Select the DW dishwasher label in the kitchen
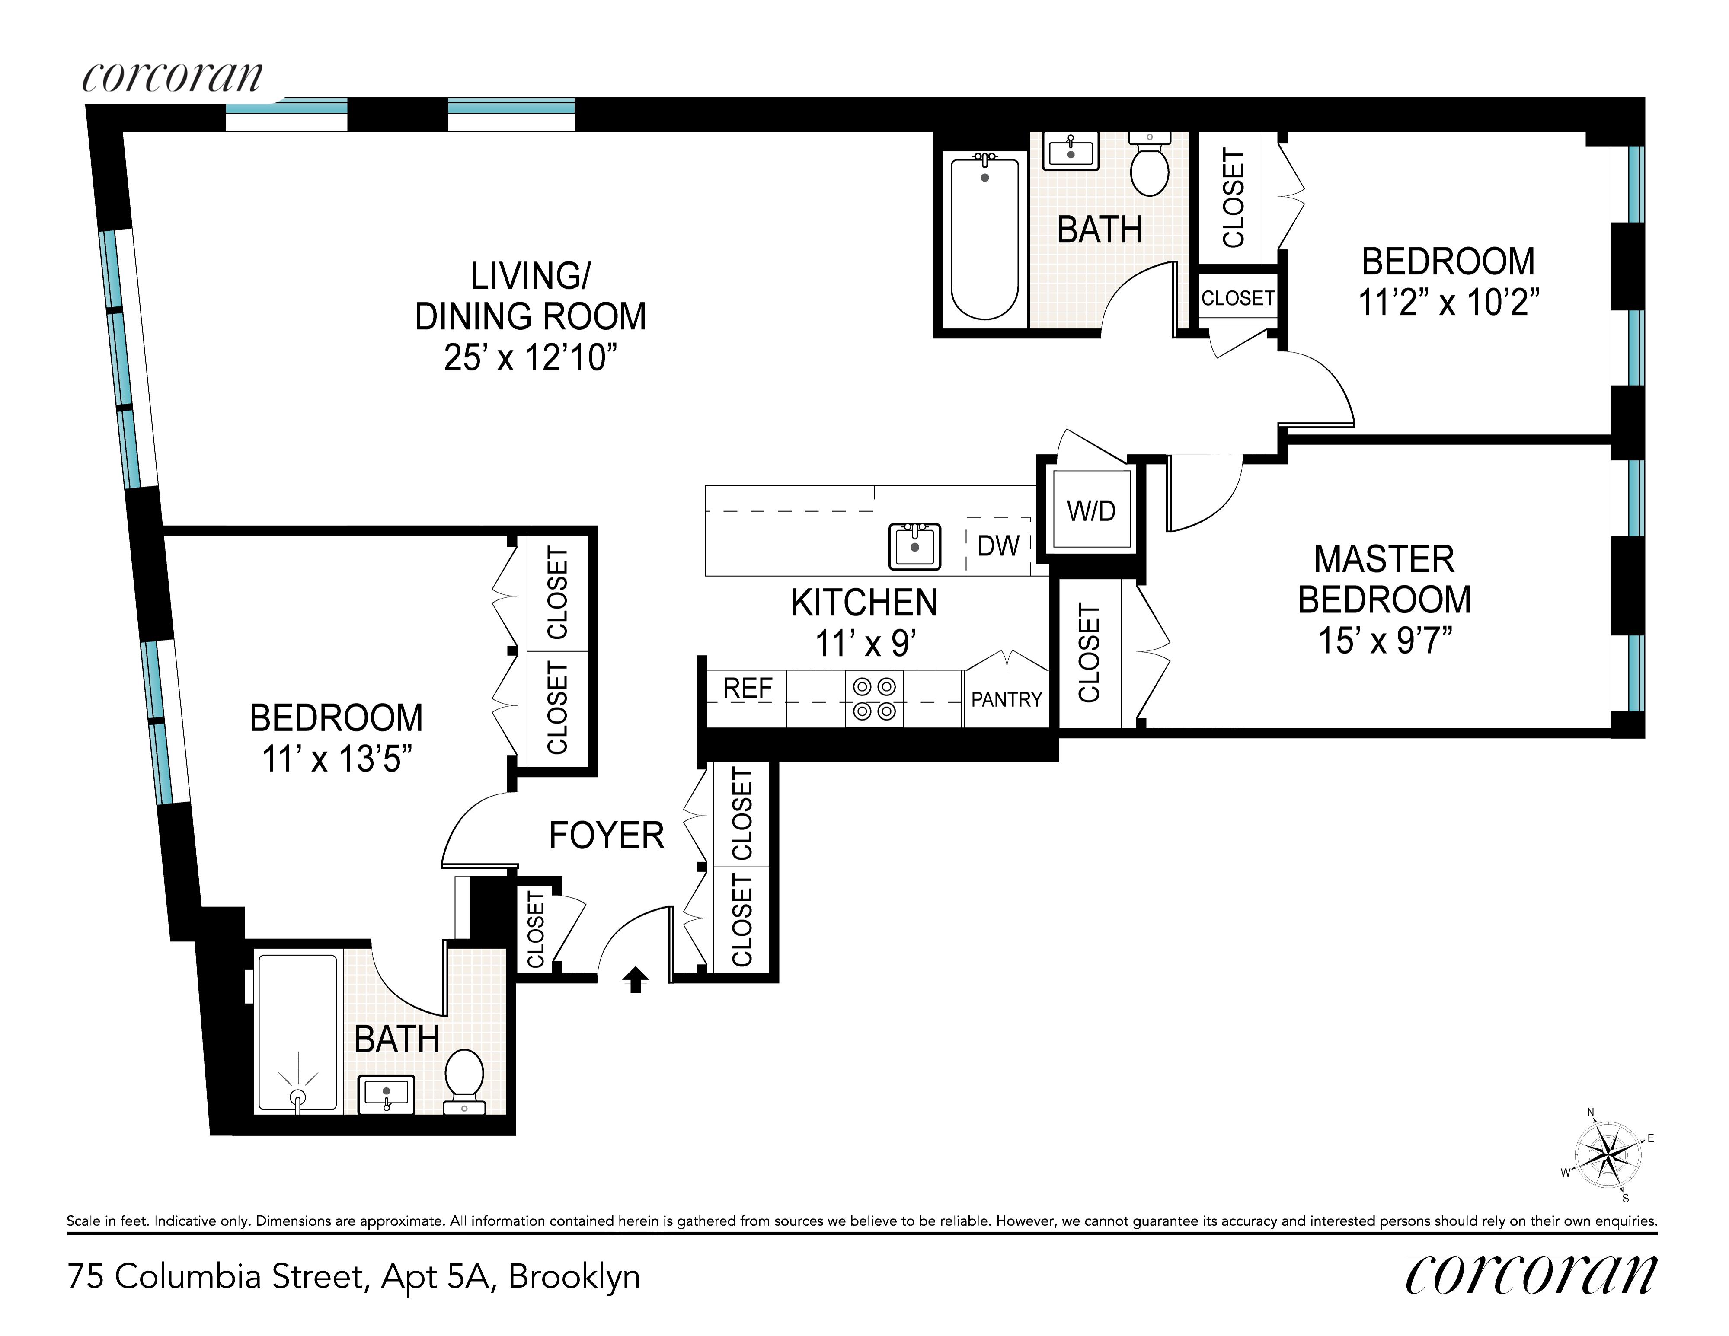pos(998,545)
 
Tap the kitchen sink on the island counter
pos(914,546)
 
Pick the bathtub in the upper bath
pos(984,236)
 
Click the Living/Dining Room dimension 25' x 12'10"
pos(531,357)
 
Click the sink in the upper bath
pos(1071,150)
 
